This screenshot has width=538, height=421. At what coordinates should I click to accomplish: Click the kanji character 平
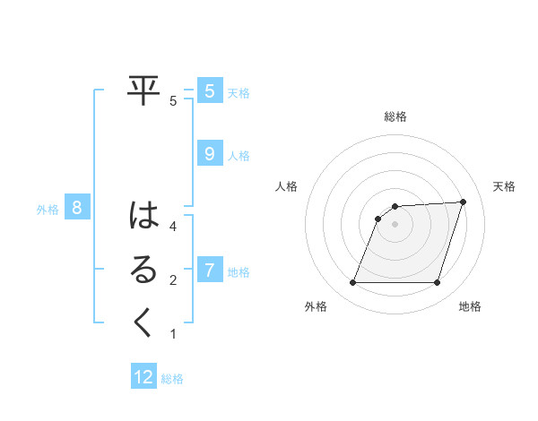[143, 90]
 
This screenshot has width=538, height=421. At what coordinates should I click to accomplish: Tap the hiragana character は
[143, 217]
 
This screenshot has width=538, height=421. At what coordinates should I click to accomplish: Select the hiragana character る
[143, 270]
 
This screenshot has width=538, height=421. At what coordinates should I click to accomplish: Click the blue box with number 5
[209, 90]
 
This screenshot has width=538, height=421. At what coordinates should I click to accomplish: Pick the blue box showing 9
[209, 154]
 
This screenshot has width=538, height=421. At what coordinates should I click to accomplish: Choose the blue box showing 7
[209, 270]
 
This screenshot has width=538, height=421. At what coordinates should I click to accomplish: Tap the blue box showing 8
[77, 209]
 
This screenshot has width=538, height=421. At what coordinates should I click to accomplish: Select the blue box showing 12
[143, 377]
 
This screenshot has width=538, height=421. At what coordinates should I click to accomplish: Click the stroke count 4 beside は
[173, 227]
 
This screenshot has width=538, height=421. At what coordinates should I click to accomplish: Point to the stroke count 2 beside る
[173, 280]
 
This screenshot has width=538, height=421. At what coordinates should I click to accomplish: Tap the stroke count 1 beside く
[173, 334]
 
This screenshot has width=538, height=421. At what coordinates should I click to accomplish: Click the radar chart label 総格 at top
[395, 116]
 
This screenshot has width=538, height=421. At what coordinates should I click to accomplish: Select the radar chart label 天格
[504, 186]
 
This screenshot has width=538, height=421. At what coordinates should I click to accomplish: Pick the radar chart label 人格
[287, 186]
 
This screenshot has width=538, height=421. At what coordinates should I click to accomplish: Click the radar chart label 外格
[316, 306]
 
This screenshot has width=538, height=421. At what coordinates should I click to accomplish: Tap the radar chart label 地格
[470, 306]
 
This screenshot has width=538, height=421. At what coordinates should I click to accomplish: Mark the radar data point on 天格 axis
[464, 202]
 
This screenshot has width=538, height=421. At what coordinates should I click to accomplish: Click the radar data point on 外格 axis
[352, 283]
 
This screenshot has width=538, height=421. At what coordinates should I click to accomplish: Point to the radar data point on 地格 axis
[438, 283]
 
